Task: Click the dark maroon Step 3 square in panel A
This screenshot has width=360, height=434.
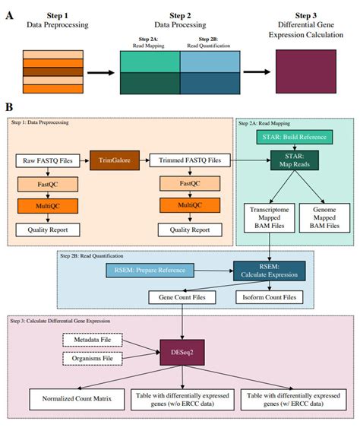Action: pyautogui.click(x=302, y=72)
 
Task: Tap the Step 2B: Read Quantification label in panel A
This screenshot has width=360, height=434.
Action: pyautogui.click(x=210, y=40)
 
